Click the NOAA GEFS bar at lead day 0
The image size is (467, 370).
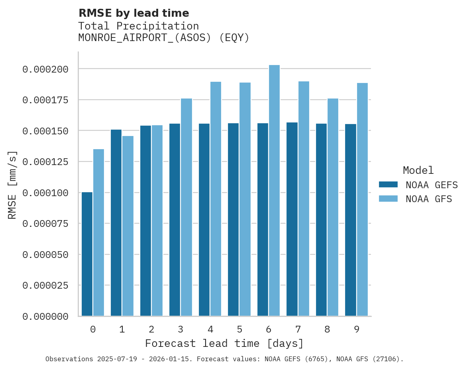coord(87,254)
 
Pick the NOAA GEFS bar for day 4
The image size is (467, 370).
coord(204,220)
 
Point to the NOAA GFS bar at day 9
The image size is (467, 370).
coord(362,199)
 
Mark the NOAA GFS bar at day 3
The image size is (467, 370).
coord(186,207)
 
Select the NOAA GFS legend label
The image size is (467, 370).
coord(429,199)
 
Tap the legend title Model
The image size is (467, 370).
coord(418,170)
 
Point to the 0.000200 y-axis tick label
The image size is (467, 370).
coord(45,69)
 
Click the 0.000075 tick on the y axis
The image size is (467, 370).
coord(45,224)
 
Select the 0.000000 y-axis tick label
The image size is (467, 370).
coord(45,317)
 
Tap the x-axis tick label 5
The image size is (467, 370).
coord(239,329)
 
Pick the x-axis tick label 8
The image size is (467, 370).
coord(327,329)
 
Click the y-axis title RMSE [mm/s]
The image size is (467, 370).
coord(12,185)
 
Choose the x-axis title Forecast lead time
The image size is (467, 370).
coord(224,343)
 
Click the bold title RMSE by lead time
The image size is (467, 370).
coord(133,13)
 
